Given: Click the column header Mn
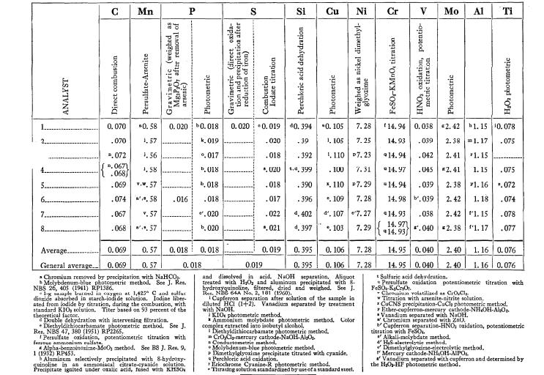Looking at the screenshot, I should click(x=144, y=12).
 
